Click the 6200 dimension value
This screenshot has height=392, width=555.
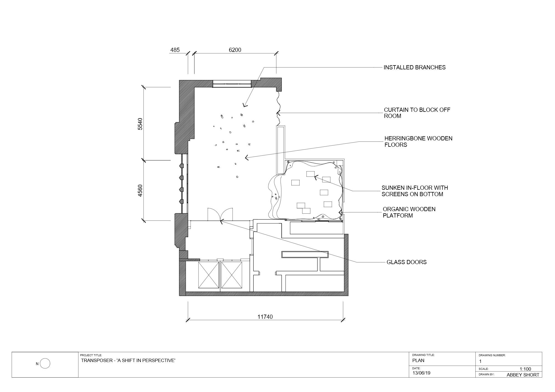(x=235, y=50)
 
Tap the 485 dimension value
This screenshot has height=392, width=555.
(x=175, y=50)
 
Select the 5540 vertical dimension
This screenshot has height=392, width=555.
(x=140, y=124)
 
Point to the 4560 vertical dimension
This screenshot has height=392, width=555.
(x=140, y=191)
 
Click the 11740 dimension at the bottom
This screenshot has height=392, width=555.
(x=265, y=317)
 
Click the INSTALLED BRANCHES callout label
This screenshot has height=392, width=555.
(x=415, y=67)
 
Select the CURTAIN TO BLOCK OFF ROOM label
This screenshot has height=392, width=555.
(x=417, y=113)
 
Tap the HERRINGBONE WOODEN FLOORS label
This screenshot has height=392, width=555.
(x=418, y=141)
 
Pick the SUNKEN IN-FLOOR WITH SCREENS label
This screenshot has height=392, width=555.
(x=415, y=191)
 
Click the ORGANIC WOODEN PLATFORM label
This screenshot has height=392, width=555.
(x=409, y=212)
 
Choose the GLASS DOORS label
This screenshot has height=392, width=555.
(x=407, y=262)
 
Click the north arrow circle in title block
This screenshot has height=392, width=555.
(x=45, y=363)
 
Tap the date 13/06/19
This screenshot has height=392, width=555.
(x=421, y=373)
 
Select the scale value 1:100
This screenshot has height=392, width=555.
(x=525, y=369)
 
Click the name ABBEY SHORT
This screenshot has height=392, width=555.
(x=523, y=375)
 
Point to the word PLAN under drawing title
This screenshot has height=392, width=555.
(x=418, y=361)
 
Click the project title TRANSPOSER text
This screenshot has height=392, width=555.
(x=128, y=361)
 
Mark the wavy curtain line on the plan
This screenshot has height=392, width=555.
(x=278, y=108)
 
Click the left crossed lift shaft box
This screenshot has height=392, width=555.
(x=209, y=275)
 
